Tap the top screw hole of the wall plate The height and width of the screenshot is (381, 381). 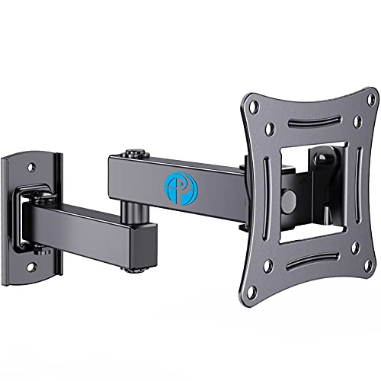(x=32, y=164)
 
